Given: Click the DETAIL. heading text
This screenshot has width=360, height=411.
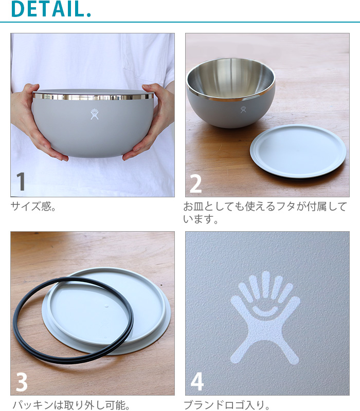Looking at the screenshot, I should [x=50, y=9].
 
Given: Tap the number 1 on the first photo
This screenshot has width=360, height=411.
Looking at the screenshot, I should [x=21, y=182].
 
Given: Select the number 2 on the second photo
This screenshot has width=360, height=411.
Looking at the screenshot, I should [x=195, y=183].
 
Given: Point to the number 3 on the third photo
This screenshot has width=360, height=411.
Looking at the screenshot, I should [x=22, y=382].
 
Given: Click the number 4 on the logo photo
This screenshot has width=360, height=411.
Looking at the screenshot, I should [x=197, y=382].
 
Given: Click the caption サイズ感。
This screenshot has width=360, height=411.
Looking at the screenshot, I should [x=33, y=208].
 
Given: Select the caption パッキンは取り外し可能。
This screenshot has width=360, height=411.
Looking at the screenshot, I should [x=70, y=405].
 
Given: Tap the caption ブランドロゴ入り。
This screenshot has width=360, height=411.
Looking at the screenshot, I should [x=227, y=405].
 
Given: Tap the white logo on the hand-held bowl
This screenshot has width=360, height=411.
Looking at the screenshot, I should [x=95, y=114].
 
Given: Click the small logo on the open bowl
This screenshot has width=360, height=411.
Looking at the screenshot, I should [x=243, y=109].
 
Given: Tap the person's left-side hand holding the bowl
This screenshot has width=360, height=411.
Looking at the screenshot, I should [x=36, y=123].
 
